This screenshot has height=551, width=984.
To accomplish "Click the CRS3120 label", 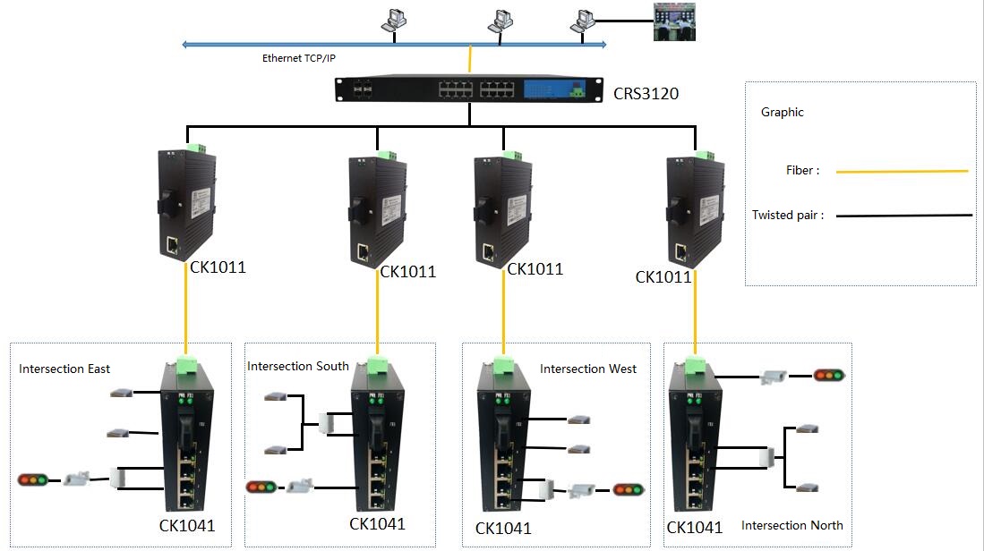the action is pyautogui.click(x=646, y=93).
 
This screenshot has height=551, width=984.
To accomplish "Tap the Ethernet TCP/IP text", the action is pyautogui.click(x=299, y=58).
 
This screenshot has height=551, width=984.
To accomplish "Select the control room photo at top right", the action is pyautogui.click(x=674, y=22).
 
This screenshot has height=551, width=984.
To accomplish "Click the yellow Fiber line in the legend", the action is pyautogui.click(x=902, y=171).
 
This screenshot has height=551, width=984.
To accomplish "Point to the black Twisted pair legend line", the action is pyautogui.click(x=903, y=216).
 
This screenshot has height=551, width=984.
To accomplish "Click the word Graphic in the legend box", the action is pyautogui.click(x=782, y=112).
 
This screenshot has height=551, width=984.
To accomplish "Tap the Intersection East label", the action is pyautogui.click(x=64, y=369).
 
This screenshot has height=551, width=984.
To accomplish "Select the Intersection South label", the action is pyautogui.click(x=297, y=366).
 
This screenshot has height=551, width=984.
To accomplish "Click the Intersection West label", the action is pyautogui.click(x=588, y=369).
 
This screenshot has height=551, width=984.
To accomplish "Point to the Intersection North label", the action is pyautogui.click(x=792, y=525).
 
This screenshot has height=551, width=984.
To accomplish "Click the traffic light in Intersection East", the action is pyautogui.click(x=33, y=480).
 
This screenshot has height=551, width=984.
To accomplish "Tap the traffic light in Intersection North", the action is pyautogui.click(x=829, y=376).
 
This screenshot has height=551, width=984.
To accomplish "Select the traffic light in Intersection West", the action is pyautogui.click(x=629, y=489).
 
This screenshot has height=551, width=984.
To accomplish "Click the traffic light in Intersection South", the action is pyautogui.click(x=261, y=487).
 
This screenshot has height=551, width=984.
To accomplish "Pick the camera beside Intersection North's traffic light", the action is pyautogui.click(x=774, y=376).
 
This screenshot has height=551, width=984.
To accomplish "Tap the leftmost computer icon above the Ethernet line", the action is pyautogui.click(x=394, y=20).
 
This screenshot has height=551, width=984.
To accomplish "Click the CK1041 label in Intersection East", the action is pyautogui.click(x=187, y=525).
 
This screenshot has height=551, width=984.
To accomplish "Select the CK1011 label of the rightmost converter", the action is pyautogui.click(x=663, y=277).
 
